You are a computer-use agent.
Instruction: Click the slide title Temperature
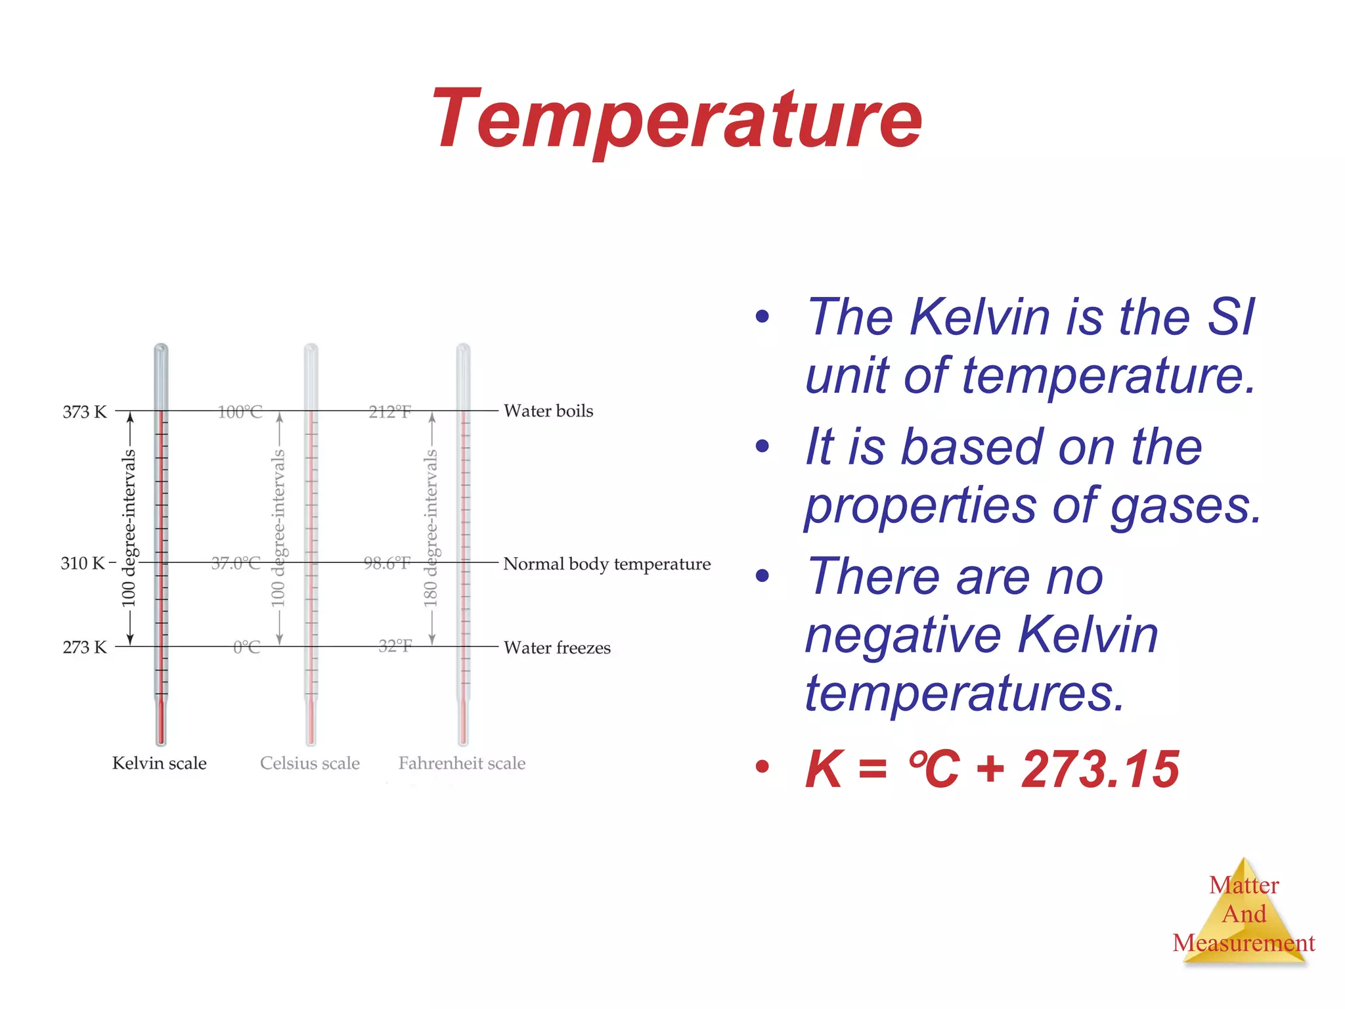tap(676, 120)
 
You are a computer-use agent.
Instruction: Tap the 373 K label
tap(84, 412)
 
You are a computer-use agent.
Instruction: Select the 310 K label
tap(83, 564)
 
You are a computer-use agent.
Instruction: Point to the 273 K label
tap(84, 648)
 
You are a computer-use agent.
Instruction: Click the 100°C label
tap(240, 413)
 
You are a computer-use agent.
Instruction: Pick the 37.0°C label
tap(236, 564)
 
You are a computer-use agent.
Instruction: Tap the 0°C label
tap(247, 648)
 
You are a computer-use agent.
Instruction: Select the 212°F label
tap(390, 413)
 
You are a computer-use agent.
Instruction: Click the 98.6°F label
tap(387, 564)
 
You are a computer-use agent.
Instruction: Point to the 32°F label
tap(395, 646)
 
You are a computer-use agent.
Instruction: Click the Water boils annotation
tap(548, 411)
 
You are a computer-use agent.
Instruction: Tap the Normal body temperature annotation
tap(607, 564)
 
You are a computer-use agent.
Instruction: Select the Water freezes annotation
tap(557, 648)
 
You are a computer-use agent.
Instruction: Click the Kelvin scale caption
tap(160, 763)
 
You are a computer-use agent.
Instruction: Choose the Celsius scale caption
tap(310, 763)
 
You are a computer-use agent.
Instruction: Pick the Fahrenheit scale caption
tap(462, 763)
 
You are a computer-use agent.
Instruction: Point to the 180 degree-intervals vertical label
tap(430, 528)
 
